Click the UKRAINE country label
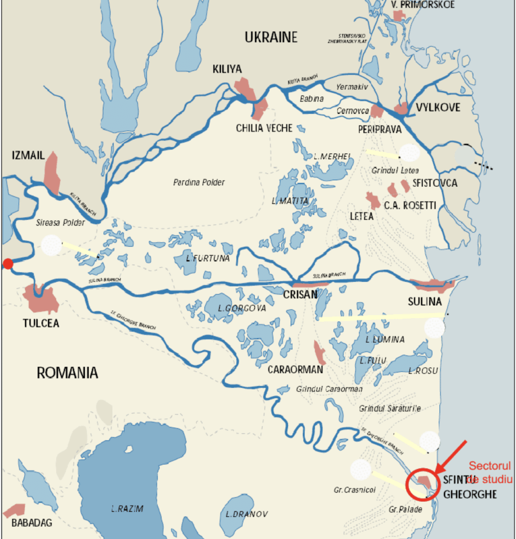tap(271, 37)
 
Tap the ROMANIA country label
tap(67, 373)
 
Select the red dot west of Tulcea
tap(8, 264)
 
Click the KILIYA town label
tap(227, 69)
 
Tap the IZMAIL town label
tap(28, 155)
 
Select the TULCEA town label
tap(41, 323)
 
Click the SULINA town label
tap(424, 301)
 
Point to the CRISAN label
tap(300, 295)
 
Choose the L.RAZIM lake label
tap(127, 509)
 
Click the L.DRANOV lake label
tap(247, 514)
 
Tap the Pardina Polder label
tap(199, 182)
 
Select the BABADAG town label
tap(31, 523)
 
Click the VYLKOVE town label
tap(438, 108)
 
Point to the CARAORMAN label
tap(295, 370)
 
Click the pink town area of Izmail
tap(52, 173)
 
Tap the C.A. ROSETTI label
tap(410, 206)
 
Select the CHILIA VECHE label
tap(264, 128)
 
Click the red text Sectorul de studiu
tap(490, 473)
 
